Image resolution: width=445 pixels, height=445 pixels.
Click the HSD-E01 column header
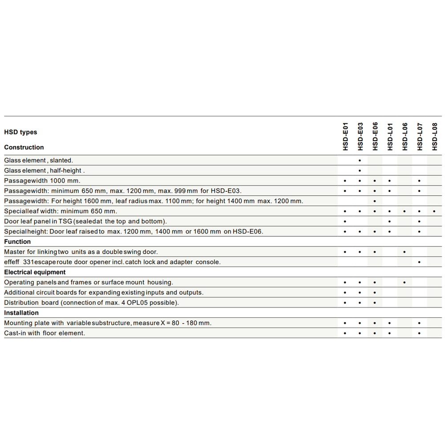tap(345, 136)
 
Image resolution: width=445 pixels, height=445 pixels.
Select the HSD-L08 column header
tap(434, 136)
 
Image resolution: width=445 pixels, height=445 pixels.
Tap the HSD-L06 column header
tap(405, 136)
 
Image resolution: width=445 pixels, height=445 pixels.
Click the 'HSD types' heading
tap(20, 132)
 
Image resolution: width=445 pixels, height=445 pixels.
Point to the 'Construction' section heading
tap(24, 147)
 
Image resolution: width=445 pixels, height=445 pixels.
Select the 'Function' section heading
tap(17, 242)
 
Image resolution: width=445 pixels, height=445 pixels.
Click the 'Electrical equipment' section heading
tap(35, 272)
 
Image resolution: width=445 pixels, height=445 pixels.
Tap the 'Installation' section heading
tap(21, 313)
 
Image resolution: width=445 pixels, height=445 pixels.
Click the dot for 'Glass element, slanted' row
tap(360, 160)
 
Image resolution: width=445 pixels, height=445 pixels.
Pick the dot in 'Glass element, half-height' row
tap(360, 170)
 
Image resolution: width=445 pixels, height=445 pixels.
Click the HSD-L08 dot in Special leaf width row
tap(434, 211)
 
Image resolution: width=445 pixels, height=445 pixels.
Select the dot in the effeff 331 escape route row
tap(419, 263)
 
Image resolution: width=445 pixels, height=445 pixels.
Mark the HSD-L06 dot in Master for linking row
tap(405, 252)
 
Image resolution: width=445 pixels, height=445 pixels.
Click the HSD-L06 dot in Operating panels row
tap(405, 283)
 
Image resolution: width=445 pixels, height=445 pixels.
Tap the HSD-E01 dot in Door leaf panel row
tap(345, 222)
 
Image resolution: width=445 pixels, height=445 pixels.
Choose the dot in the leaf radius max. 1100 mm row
tap(375, 201)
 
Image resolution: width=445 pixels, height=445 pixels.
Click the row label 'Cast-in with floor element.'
tap(44, 333)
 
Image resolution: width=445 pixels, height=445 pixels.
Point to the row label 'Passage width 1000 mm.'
tap(42, 181)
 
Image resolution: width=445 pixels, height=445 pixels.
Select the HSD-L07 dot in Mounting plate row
tap(419, 323)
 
